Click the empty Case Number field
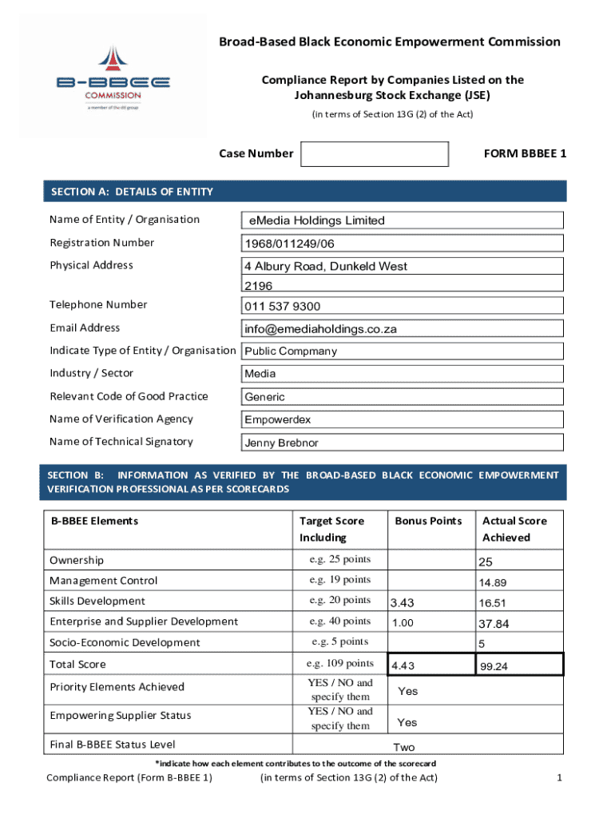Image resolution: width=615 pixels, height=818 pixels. click(x=374, y=154)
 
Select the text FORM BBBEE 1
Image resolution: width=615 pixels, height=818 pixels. click(x=525, y=153)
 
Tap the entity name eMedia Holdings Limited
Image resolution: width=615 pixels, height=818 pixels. click(x=316, y=220)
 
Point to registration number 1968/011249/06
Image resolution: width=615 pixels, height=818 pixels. click(x=289, y=244)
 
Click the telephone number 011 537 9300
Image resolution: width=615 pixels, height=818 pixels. click(x=283, y=306)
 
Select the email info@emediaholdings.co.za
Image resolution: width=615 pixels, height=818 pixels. click(x=320, y=329)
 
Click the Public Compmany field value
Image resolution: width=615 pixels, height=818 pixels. click(x=291, y=351)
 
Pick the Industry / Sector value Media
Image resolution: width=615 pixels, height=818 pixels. click(x=260, y=374)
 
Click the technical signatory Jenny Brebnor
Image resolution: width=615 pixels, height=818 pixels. click(x=281, y=443)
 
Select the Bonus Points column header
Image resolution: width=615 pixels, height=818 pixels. click(x=428, y=521)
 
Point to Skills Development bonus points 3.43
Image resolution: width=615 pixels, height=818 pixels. click(x=403, y=603)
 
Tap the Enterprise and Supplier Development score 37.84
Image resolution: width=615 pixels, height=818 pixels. click(x=494, y=624)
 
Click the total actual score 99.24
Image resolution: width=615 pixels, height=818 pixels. click(x=494, y=665)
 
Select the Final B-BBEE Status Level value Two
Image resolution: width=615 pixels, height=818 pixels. click(x=404, y=747)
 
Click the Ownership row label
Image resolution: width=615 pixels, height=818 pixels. click(x=77, y=560)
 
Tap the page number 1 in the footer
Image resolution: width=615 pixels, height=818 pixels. click(x=560, y=778)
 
